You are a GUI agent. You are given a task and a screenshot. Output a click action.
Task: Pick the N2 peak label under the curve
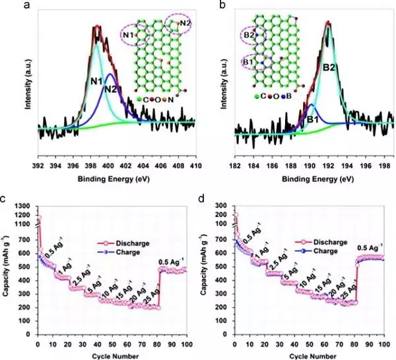tap(110, 89)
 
